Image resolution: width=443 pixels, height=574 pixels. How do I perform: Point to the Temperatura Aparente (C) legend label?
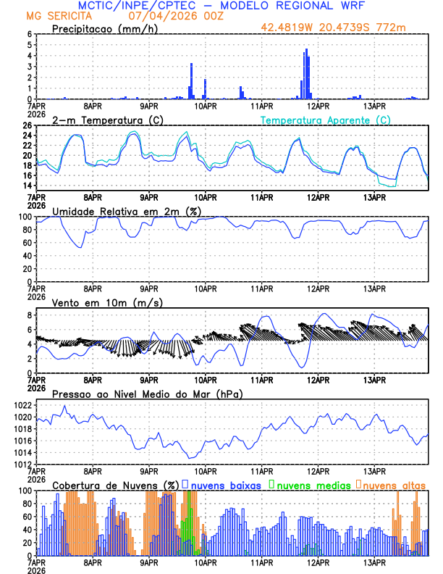coord(325,120)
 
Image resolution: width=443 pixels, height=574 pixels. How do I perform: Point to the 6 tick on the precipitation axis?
coord(28,34)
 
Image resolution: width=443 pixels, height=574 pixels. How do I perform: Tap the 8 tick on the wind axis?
coord(28,315)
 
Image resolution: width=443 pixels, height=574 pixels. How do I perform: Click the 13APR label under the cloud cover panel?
coord(374,562)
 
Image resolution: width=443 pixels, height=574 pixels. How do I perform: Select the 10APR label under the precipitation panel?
coord(205,105)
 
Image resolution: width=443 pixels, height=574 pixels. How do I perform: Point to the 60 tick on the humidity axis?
coord(27,242)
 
